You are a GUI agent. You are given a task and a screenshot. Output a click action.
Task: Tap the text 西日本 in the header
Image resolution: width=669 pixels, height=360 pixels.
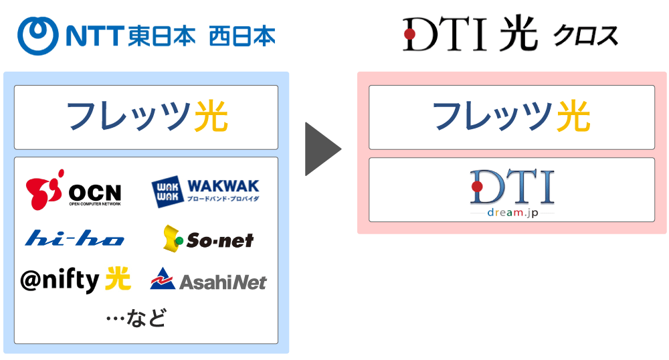(242, 35)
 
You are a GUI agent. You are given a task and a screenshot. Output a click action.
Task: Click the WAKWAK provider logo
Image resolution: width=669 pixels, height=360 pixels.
(205, 190)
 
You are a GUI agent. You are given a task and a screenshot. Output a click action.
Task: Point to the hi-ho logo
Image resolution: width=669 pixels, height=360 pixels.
(74, 238)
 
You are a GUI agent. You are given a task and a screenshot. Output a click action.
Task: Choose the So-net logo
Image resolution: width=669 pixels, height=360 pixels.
(208, 238)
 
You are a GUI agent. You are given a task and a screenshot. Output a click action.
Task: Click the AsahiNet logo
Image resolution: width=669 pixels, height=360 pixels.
(208, 280)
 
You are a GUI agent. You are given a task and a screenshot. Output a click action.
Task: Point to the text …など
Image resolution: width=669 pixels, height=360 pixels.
(136, 317)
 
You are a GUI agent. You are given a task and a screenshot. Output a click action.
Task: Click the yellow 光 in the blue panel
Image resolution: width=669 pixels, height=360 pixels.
(211, 118)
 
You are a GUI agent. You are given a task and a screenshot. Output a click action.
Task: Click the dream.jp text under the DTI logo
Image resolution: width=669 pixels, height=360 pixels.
(512, 212)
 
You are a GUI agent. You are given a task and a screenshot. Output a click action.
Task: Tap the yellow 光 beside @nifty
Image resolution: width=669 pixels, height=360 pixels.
(118, 279)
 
